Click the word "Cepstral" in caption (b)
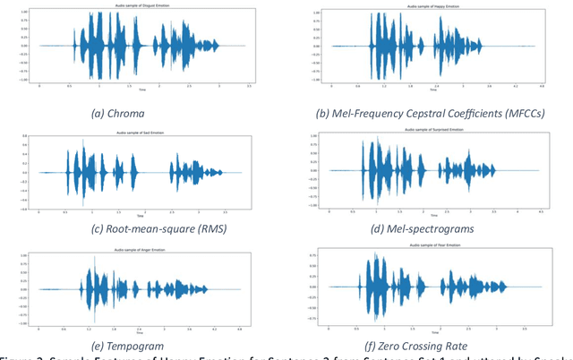[x=417, y=115]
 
